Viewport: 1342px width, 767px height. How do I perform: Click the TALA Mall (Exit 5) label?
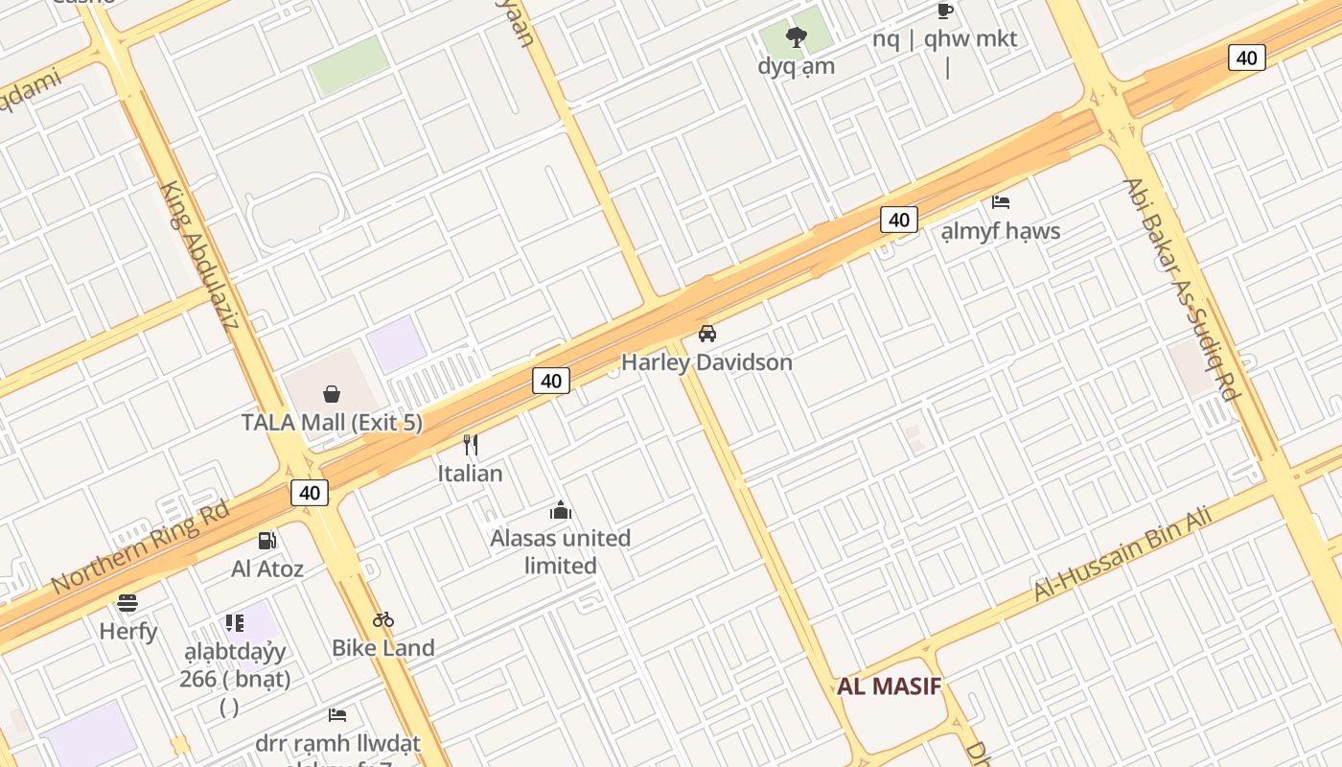(332, 422)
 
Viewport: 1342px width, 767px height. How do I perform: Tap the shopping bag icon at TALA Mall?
(332, 393)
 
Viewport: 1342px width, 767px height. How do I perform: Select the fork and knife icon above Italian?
(471, 445)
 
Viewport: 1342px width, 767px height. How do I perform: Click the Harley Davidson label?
(706, 362)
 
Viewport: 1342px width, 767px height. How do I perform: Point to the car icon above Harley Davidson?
(707, 334)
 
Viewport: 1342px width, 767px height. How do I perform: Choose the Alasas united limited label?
(561, 551)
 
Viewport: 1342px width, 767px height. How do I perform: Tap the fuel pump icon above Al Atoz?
(267, 541)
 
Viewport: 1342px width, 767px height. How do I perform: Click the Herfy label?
(128, 631)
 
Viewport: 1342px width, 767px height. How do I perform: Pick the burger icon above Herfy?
(127, 602)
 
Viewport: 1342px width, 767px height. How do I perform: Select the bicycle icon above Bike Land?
(383, 619)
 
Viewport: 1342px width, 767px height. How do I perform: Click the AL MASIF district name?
(889, 686)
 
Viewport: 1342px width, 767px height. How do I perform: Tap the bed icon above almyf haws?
(1001, 202)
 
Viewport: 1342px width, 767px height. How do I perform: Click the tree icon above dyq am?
(796, 37)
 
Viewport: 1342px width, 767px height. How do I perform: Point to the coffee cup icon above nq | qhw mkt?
(945, 11)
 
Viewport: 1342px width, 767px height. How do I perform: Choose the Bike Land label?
(383, 648)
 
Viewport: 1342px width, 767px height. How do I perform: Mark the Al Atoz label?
(267, 569)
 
